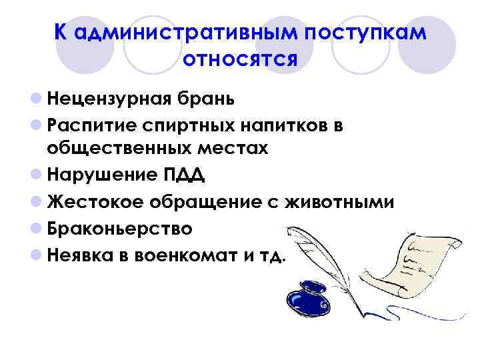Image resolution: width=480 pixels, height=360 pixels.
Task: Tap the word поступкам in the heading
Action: (364, 33)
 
